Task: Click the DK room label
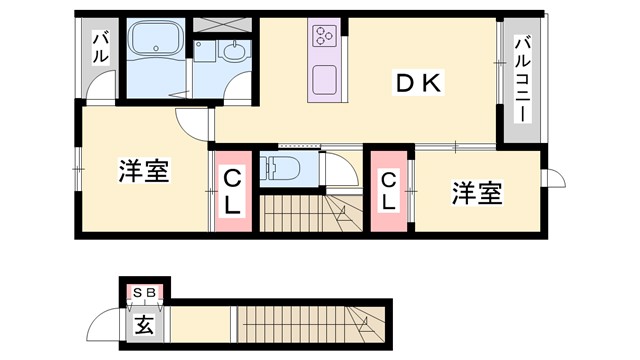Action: [x=417, y=84]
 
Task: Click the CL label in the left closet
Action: [x=232, y=193]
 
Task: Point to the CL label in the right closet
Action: [x=390, y=191]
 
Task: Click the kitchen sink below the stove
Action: [x=325, y=79]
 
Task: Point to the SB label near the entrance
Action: [x=145, y=292]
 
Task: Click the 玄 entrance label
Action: [x=145, y=325]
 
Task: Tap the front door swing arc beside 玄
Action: [x=103, y=325]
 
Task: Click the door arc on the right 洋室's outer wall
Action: [x=551, y=177]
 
